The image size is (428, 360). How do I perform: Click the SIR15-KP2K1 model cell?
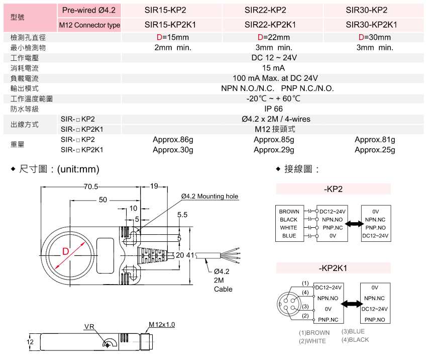(x=170, y=24)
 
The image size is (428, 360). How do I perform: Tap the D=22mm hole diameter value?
(x=273, y=37)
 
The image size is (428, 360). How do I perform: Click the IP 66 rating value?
(x=273, y=109)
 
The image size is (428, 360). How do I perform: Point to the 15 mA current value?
(x=273, y=68)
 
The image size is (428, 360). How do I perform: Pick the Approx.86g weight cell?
(x=173, y=139)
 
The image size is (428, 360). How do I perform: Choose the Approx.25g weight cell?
(x=375, y=150)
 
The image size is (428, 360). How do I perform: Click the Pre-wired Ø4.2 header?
(x=89, y=10)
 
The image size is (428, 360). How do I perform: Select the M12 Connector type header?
(x=89, y=25)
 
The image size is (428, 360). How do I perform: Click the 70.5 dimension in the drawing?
(x=90, y=187)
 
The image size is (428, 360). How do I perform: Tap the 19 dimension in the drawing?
(x=154, y=187)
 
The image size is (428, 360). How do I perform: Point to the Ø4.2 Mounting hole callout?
(x=210, y=196)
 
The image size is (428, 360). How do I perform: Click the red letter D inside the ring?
(x=65, y=251)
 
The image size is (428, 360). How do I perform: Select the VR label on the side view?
(x=89, y=327)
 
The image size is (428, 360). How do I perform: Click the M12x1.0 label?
(x=162, y=325)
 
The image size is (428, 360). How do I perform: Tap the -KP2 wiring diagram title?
(x=333, y=189)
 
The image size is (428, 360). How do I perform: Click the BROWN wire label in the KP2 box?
(x=289, y=212)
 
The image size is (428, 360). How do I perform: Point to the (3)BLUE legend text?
(x=353, y=331)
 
